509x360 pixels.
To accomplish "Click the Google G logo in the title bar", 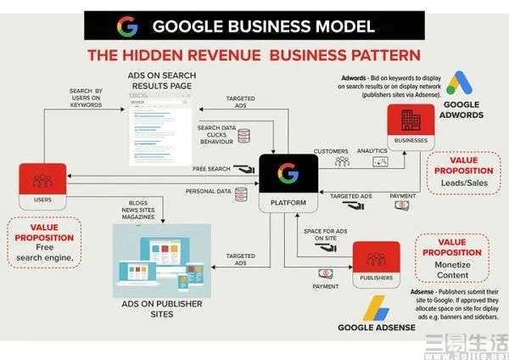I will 127,25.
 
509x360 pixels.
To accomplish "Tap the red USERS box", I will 42,186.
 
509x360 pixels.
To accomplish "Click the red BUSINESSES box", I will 411,127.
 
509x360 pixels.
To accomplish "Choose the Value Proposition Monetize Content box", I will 452,260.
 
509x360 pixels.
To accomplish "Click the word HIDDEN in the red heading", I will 168,56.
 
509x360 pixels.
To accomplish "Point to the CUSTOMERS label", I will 331,152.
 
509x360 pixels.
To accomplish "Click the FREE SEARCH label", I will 212,169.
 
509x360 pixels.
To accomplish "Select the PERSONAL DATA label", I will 208,192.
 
